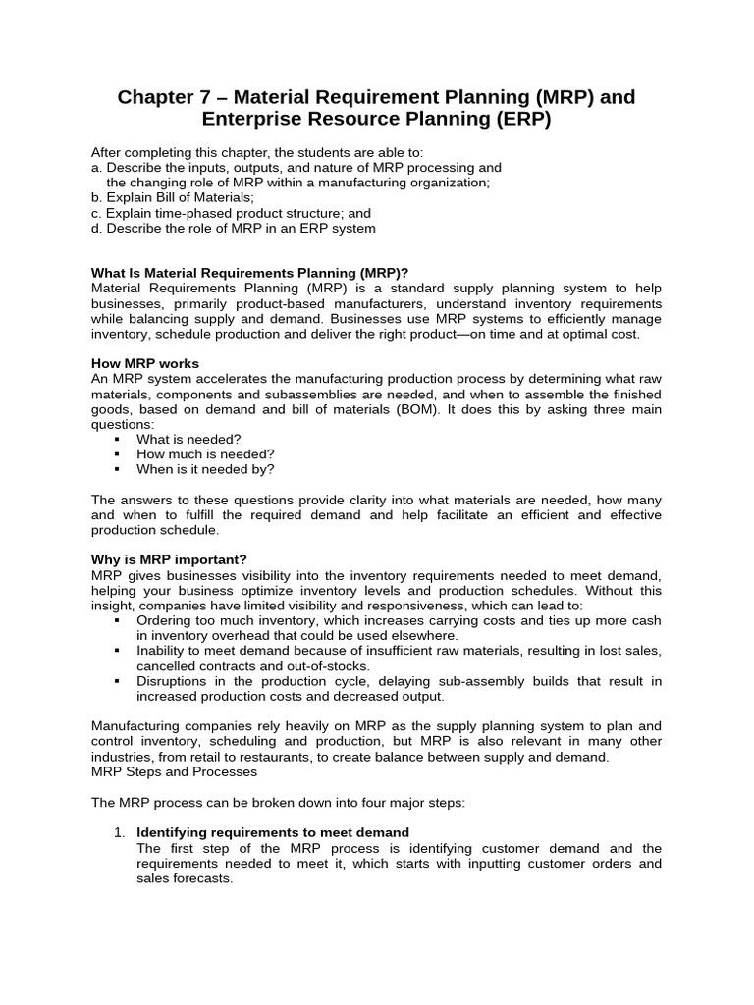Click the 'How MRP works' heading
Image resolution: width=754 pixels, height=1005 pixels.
click(x=144, y=363)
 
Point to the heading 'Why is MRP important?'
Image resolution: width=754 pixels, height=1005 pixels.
click(x=169, y=559)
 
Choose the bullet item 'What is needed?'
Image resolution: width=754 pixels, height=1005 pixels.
click(x=188, y=439)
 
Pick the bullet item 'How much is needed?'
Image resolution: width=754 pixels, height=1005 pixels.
click(x=205, y=453)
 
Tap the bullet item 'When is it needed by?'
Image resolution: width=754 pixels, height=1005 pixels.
click(x=205, y=469)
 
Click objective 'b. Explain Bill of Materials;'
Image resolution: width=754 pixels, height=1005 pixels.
click(x=172, y=197)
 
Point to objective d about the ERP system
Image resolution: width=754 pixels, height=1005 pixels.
click(x=233, y=229)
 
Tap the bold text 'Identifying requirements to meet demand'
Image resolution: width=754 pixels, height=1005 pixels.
click(x=272, y=832)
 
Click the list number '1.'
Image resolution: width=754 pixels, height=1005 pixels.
click(x=120, y=832)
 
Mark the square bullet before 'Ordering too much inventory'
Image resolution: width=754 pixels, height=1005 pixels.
click(x=118, y=621)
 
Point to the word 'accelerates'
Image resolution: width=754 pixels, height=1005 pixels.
click(x=204, y=378)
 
